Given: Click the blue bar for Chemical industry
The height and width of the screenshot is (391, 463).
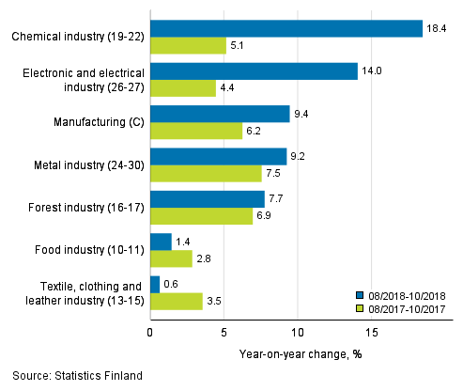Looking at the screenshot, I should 286,28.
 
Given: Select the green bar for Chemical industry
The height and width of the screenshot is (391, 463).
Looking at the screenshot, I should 188,45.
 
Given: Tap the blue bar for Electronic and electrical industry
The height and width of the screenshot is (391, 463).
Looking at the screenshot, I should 254,71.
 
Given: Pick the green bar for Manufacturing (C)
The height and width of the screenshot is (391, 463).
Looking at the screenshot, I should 196,132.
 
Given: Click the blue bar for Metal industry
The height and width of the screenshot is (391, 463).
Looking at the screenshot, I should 218,157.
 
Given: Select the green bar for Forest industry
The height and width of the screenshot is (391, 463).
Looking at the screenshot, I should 201,216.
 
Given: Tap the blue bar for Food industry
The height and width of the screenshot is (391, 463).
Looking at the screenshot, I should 161,242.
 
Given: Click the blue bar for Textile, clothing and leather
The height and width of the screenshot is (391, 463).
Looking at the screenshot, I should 155,285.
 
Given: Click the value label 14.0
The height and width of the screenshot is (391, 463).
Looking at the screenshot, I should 371,71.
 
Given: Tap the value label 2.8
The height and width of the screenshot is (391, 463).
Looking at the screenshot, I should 205,259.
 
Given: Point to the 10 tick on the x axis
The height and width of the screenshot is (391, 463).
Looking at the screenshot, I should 298,331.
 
